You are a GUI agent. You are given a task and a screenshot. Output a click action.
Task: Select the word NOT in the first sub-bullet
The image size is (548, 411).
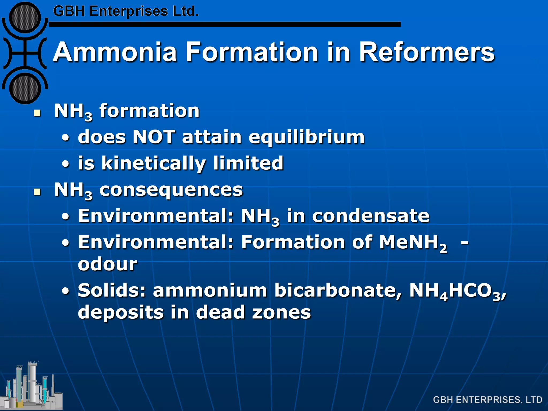154,137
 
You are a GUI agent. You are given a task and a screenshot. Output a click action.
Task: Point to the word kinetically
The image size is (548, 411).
154,163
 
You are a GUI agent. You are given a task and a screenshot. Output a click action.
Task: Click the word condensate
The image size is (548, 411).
371,216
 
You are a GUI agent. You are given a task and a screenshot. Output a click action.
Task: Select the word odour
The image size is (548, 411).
108,264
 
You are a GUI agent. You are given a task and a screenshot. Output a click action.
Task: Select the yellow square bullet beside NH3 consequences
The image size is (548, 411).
37,192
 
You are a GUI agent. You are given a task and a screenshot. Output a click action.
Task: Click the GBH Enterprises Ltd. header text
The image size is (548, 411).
126,12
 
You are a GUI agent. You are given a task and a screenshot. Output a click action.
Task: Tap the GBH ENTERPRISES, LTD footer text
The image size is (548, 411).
487,399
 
